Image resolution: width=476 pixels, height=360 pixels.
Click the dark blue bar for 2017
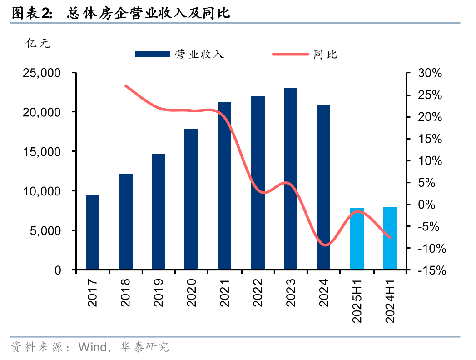92,232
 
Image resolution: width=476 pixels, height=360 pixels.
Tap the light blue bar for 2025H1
357,239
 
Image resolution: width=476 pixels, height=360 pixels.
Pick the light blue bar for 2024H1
390,239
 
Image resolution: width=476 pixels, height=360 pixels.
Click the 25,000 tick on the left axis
42,73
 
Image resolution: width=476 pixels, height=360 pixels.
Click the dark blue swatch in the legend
152,55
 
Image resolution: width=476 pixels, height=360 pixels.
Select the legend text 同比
325,55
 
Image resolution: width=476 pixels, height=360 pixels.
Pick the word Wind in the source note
92,347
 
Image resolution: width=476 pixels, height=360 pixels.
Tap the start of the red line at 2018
125,85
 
